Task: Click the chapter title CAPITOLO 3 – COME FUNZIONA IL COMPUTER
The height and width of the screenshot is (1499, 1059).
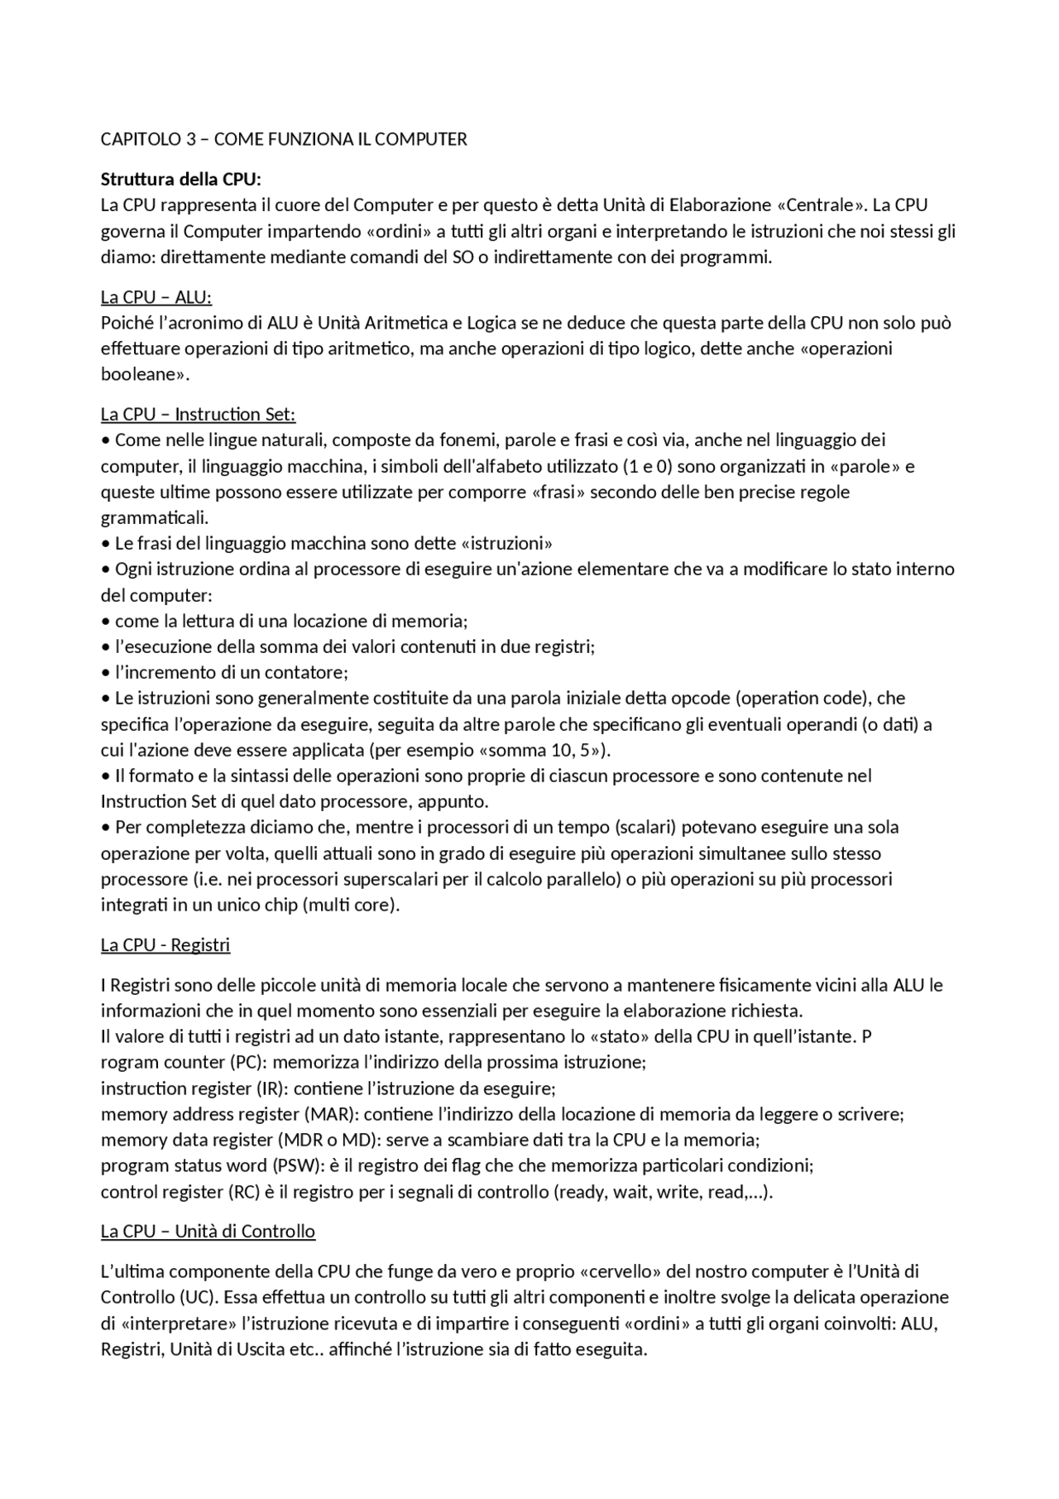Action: click(284, 139)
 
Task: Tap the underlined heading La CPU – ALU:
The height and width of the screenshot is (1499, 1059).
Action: click(156, 297)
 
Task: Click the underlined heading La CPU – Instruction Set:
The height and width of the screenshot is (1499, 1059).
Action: click(198, 414)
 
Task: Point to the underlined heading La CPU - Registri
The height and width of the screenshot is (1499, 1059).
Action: click(165, 944)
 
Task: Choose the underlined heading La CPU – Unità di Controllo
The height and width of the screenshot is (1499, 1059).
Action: click(208, 1231)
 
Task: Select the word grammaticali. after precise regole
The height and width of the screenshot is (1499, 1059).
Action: click(155, 518)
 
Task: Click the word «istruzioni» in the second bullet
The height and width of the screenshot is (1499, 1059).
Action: click(506, 544)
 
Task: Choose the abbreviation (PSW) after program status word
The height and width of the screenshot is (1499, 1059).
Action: click(295, 1166)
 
